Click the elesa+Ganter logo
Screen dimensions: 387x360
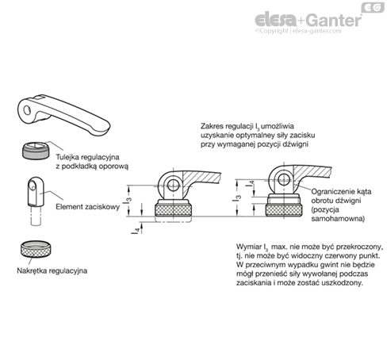(308, 20)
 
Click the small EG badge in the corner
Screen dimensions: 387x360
(373, 7)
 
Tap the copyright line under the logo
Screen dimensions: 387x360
(298, 31)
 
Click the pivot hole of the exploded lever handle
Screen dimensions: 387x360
(27, 110)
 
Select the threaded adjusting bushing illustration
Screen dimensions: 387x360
(36, 151)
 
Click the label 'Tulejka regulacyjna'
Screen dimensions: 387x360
(87, 157)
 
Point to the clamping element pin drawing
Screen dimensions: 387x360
(36, 201)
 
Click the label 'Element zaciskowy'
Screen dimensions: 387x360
(87, 207)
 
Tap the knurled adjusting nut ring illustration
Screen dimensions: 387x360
(36, 249)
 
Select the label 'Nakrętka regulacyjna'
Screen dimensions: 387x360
(52, 270)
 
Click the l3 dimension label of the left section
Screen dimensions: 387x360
(127, 200)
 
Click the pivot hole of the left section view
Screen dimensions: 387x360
(173, 184)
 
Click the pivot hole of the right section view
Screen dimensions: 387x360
(283, 178)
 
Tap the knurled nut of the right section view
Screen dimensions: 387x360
(284, 210)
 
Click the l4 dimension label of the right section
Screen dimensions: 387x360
(251, 183)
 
